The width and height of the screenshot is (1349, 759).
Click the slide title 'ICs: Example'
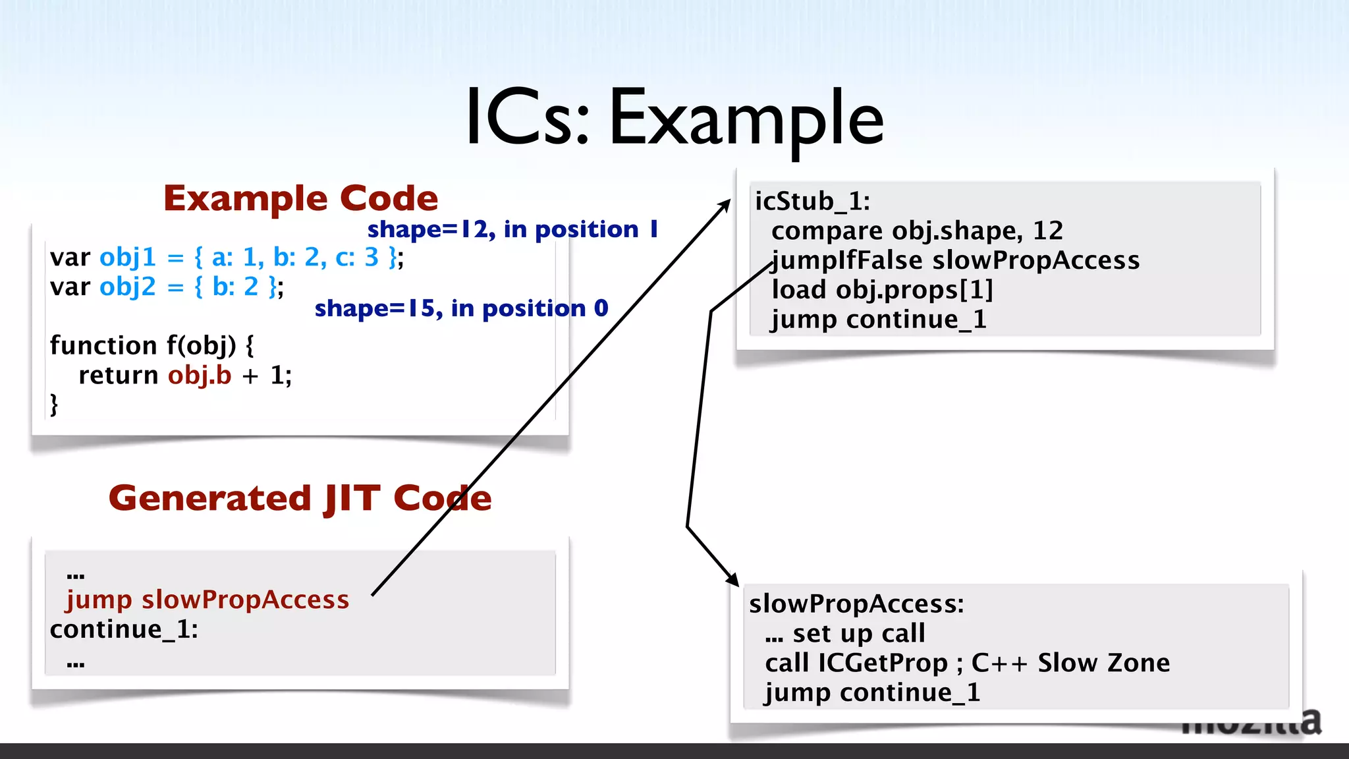click(x=674, y=119)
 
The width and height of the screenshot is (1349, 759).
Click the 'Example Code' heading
click(x=300, y=198)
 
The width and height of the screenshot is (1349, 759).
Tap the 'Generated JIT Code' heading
click(x=300, y=498)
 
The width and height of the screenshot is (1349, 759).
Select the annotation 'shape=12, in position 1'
click(x=512, y=229)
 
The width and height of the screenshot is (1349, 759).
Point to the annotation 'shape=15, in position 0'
click(x=461, y=308)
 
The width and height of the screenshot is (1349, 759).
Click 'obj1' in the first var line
click(x=128, y=257)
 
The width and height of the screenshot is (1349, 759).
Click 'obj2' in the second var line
click(x=128, y=287)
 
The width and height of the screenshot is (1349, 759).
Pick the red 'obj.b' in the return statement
click(x=200, y=375)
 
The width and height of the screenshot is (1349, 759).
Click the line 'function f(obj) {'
click(x=151, y=345)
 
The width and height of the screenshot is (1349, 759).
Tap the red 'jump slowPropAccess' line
click(x=207, y=600)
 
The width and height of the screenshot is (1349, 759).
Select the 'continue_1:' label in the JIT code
click(x=124, y=629)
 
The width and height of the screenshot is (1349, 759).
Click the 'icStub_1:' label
click(x=812, y=201)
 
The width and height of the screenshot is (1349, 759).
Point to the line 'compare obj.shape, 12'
click(x=917, y=231)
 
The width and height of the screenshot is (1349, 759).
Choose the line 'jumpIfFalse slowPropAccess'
click(x=955, y=260)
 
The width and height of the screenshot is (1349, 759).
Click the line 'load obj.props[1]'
click(x=882, y=290)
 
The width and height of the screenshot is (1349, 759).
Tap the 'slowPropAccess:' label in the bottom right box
click(x=856, y=604)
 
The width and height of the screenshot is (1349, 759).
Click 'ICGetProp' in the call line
click(x=883, y=663)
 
